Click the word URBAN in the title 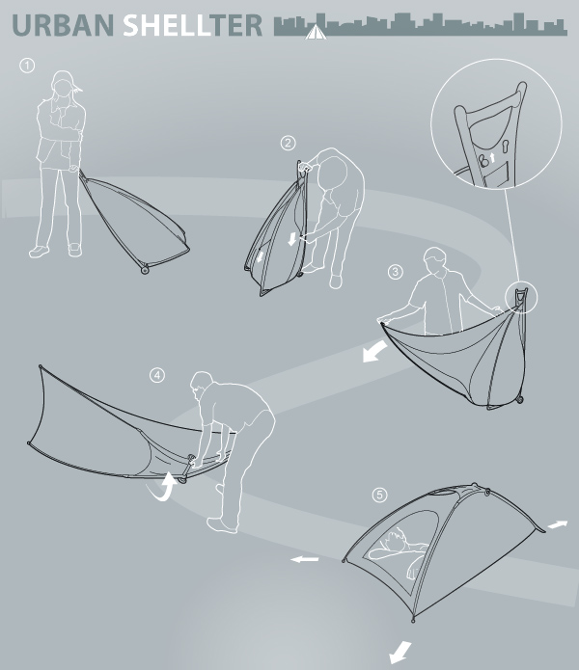pyautogui.click(x=63, y=25)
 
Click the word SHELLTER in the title pyautogui.click(x=192, y=25)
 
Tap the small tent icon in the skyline pyautogui.click(x=316, y=32)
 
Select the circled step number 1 pyautogui.click(x=27, y=66)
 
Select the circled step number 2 pyautogui.click(x=289, y=143)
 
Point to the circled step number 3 pyautogui.click(x=395, y=272)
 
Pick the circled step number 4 pyautogui.click(x=157, y=375)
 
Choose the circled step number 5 pyautogui.click(x=379, y=496)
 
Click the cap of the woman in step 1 pyautogui.click(x=65, y=80)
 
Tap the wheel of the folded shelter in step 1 pyautogui.click(x=145, y=270)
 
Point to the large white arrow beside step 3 pyautogui.click(x=374, y=351)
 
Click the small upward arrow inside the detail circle pyautogui.click(x=492, y=158)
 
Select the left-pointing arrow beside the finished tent pyautogui.click(x=305, y=559)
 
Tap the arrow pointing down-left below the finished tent pyautogui.click(x=400, y=651)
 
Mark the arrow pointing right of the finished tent pyautogui.click(x=558, y=524)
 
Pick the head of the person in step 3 pyautogui.click(x=436, y=259)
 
